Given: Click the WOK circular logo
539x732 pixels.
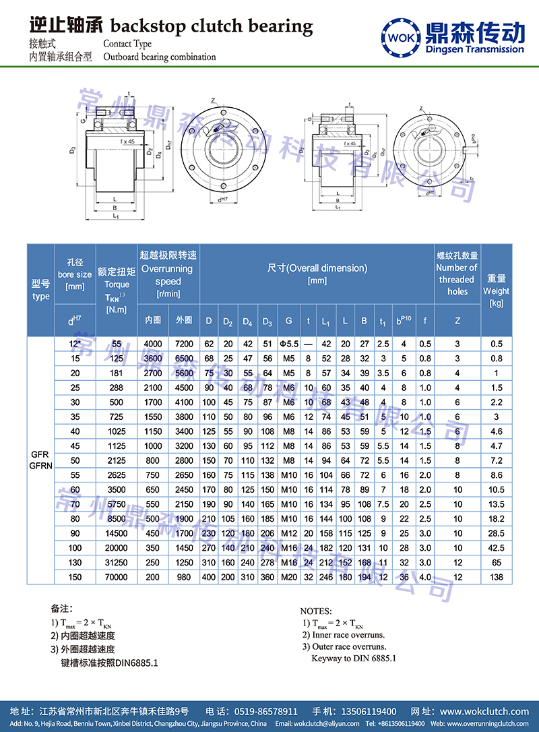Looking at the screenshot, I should [x=402, y=35].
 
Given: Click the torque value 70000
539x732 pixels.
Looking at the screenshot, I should [x=117, y=577].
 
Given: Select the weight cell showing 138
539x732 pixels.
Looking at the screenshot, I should [x=497, y=577].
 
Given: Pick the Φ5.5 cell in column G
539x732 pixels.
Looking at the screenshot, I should [x=288, y=344].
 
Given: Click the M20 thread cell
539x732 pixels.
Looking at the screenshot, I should [x=288, y=577].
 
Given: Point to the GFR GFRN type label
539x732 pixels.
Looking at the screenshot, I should [x=40, y=460].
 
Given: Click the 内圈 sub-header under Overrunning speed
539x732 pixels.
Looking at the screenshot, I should [x=152, y=319].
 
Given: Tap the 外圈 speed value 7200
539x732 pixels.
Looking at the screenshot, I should [x=184, y=344].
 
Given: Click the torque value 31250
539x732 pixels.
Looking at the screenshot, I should [x=117, y=562].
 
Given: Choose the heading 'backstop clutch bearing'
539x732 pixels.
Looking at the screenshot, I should [x=211, y=26].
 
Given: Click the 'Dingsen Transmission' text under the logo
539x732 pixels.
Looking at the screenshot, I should [x=475, y=49].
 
